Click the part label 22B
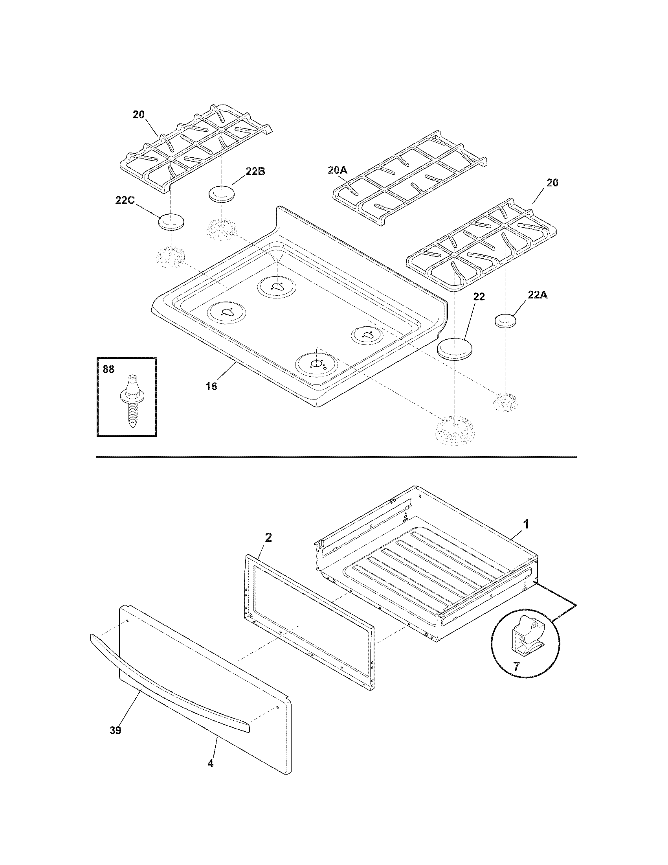coord(255,171)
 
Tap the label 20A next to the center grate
coord(338,170)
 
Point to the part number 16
coord(211,386)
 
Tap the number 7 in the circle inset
coord(516,666)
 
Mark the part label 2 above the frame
coord(268,537)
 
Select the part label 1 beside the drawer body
coord(526,525)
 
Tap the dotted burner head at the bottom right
coord(454,430)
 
